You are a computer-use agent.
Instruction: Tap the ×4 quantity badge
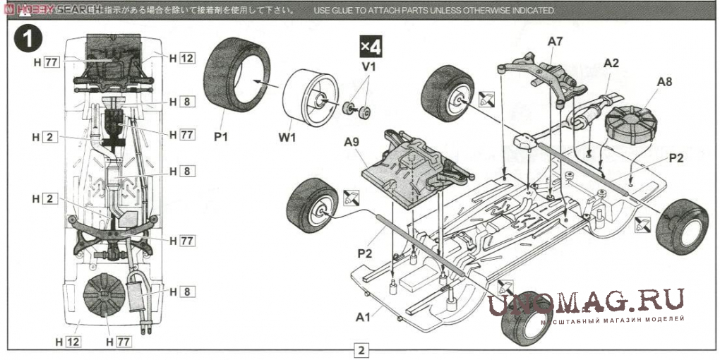pyautogui.click(x=370, y=46)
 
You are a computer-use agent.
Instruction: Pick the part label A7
pyautogui.click(x=556, y=42)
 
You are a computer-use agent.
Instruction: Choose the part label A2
pyautogui.click(x=611, y=63)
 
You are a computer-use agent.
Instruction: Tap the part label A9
pyautogui.click(x=352, y=141)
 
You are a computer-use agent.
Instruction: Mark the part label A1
pyautogui.click(x=363, y=317)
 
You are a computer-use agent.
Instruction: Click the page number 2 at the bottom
pyautogui.click(x=361, y=349)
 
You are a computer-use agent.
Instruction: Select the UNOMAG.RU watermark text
pyautogui.click(x=586, y=302)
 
